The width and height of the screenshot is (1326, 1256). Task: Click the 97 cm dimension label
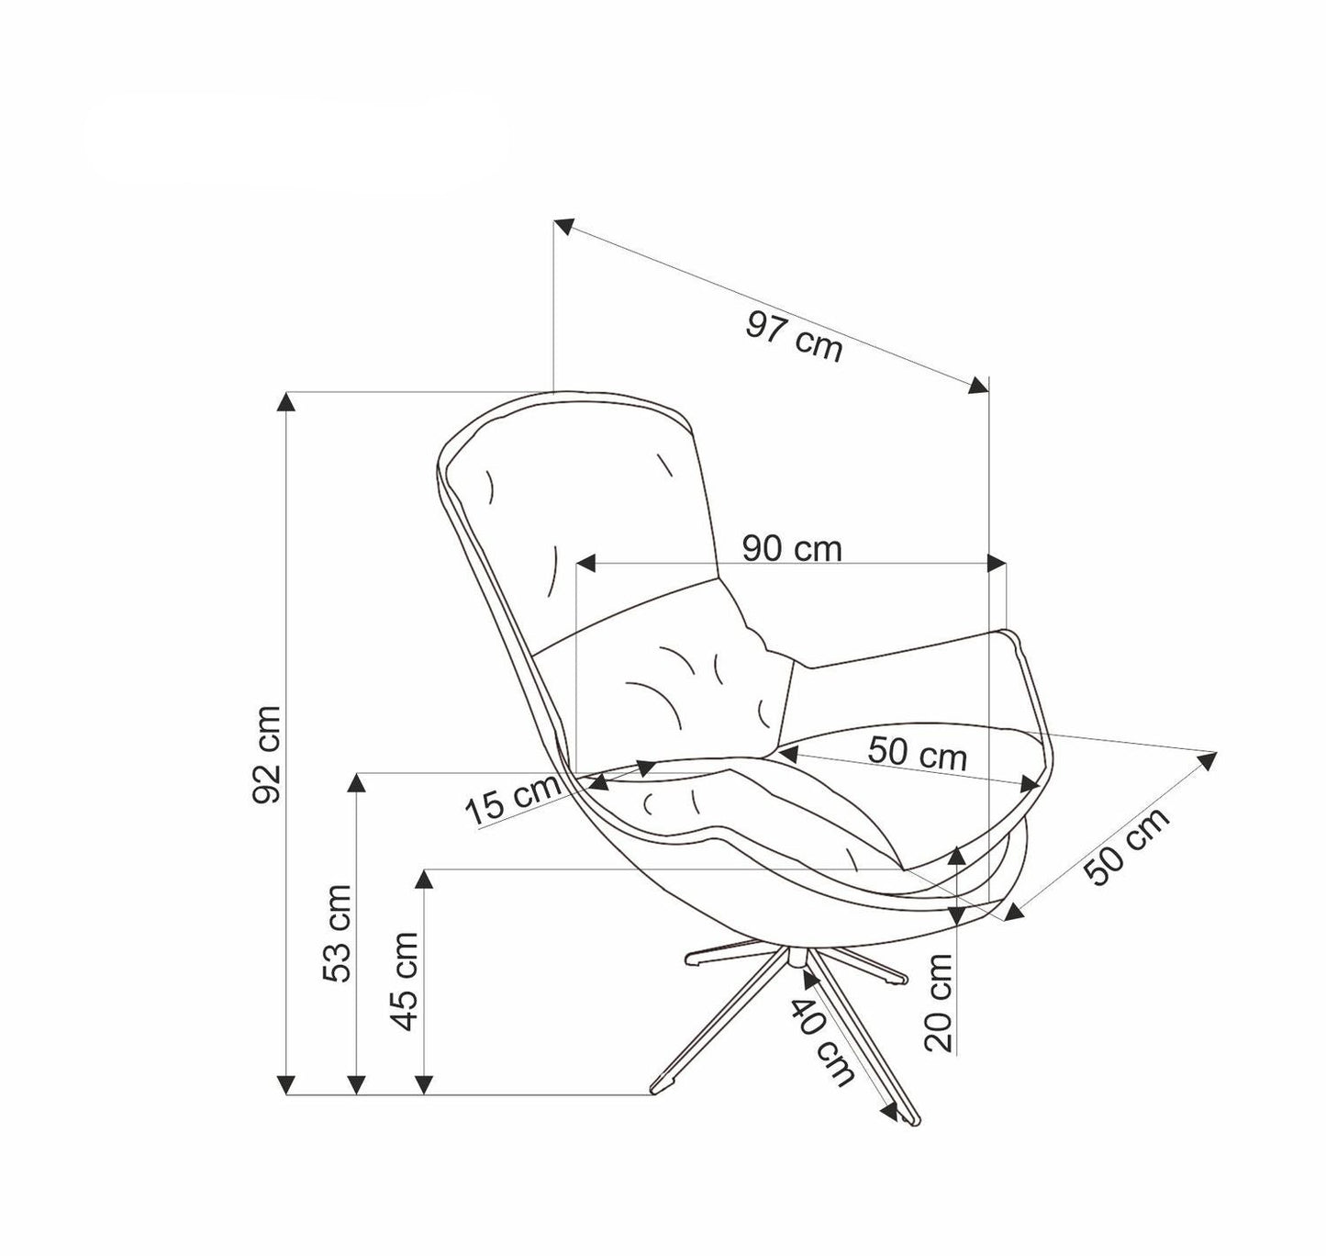[794, 336]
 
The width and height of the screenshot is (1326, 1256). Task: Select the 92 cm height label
[267, 755]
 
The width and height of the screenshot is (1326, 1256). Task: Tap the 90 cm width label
[792, 548]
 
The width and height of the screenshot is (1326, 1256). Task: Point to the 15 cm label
[511, 800]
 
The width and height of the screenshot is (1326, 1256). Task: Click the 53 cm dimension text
[338, 933]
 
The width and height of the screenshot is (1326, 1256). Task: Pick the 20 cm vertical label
[939, 1002]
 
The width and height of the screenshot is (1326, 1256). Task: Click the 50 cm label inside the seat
[917, 753]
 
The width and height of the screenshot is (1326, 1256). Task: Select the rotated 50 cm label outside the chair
[1129, 847]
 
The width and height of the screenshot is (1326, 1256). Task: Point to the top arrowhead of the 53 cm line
[356, 781]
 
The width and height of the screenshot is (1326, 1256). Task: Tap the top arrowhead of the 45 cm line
[423, 879]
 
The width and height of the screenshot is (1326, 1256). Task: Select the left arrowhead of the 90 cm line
[585, 563]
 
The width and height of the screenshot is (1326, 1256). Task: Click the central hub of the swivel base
[795, 958]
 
